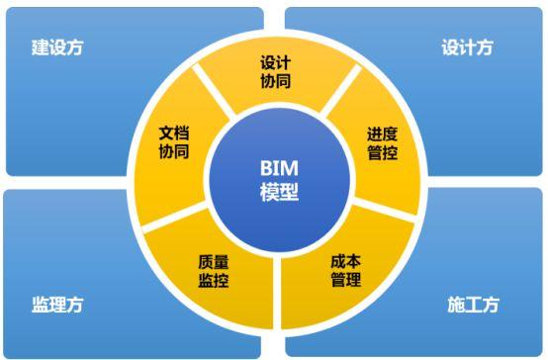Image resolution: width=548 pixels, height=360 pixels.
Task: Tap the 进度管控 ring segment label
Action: [x=382, y=145]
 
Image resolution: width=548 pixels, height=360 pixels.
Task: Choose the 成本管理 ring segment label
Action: [x=345, y=271]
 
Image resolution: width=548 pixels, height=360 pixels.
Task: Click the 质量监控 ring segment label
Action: [x=214, y=271]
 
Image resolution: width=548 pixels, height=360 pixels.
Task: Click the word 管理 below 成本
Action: [x=345, y=281]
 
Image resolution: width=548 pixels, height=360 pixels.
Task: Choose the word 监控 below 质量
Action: [x=214, y=281]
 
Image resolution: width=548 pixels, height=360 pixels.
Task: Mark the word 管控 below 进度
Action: [x=382, y=155]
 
